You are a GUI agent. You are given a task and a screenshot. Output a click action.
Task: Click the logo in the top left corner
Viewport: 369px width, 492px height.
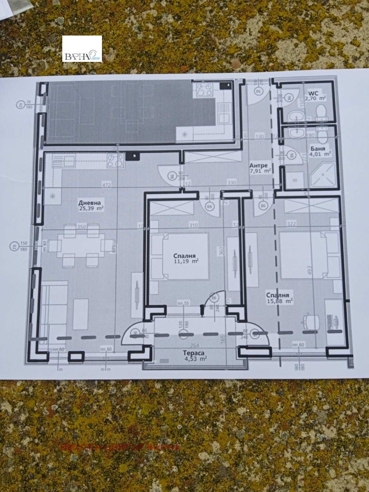tap(82, 49)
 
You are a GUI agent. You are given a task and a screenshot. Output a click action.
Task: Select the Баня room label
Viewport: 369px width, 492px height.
tap(318, 149)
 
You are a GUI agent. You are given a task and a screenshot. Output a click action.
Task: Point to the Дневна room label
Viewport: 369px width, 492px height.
tap(89, 202)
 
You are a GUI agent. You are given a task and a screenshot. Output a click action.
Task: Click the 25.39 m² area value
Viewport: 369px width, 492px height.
tap(91, 208)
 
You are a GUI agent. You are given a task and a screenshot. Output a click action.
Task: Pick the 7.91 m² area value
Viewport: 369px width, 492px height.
tap(260, 171)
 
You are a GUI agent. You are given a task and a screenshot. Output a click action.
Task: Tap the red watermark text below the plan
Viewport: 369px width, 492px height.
tap(120, 447)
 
